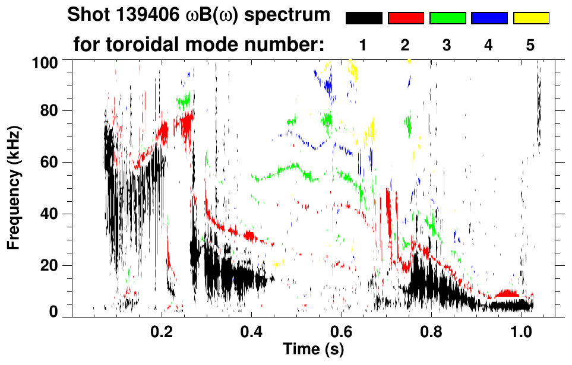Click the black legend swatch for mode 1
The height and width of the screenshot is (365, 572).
364,18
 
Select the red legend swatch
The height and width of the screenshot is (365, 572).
406,18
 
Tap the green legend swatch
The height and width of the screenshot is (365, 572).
447,18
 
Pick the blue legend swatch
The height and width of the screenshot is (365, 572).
489,18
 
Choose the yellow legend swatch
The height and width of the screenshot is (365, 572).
531,18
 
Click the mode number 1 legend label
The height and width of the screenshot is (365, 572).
364,45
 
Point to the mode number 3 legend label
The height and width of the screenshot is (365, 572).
447,45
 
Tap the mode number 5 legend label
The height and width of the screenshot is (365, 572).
530,45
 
